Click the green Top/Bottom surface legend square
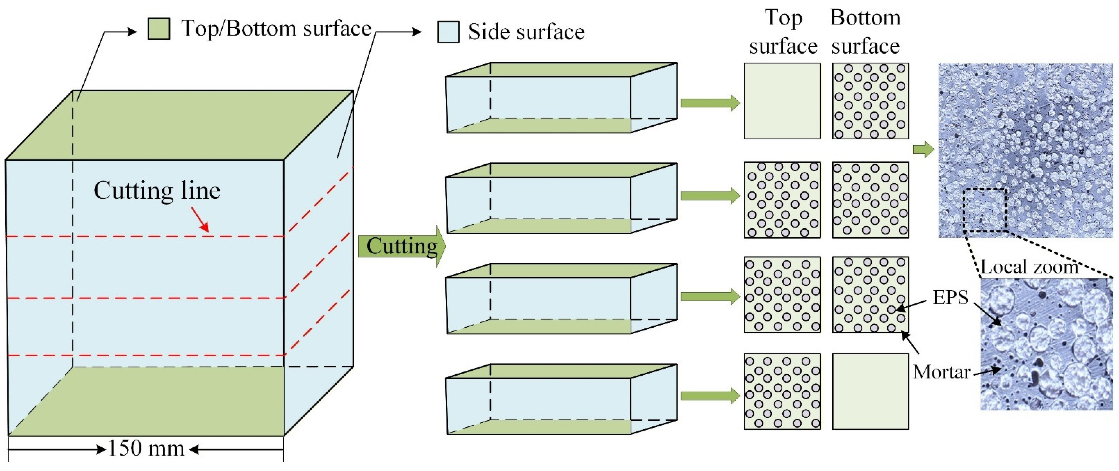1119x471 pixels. pyautogui.click(x=159, y=29)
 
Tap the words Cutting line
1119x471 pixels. pyautogui.click(x=157, y=191)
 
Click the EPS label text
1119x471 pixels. pyautogui.click(x=951, y=297)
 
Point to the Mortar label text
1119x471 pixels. pyautogui.click(x=941, y=372)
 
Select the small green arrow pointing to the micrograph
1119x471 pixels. pyautogui.click(x=923, y=150)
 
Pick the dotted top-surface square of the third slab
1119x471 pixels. pyautogui.click(x=782, y=295)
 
